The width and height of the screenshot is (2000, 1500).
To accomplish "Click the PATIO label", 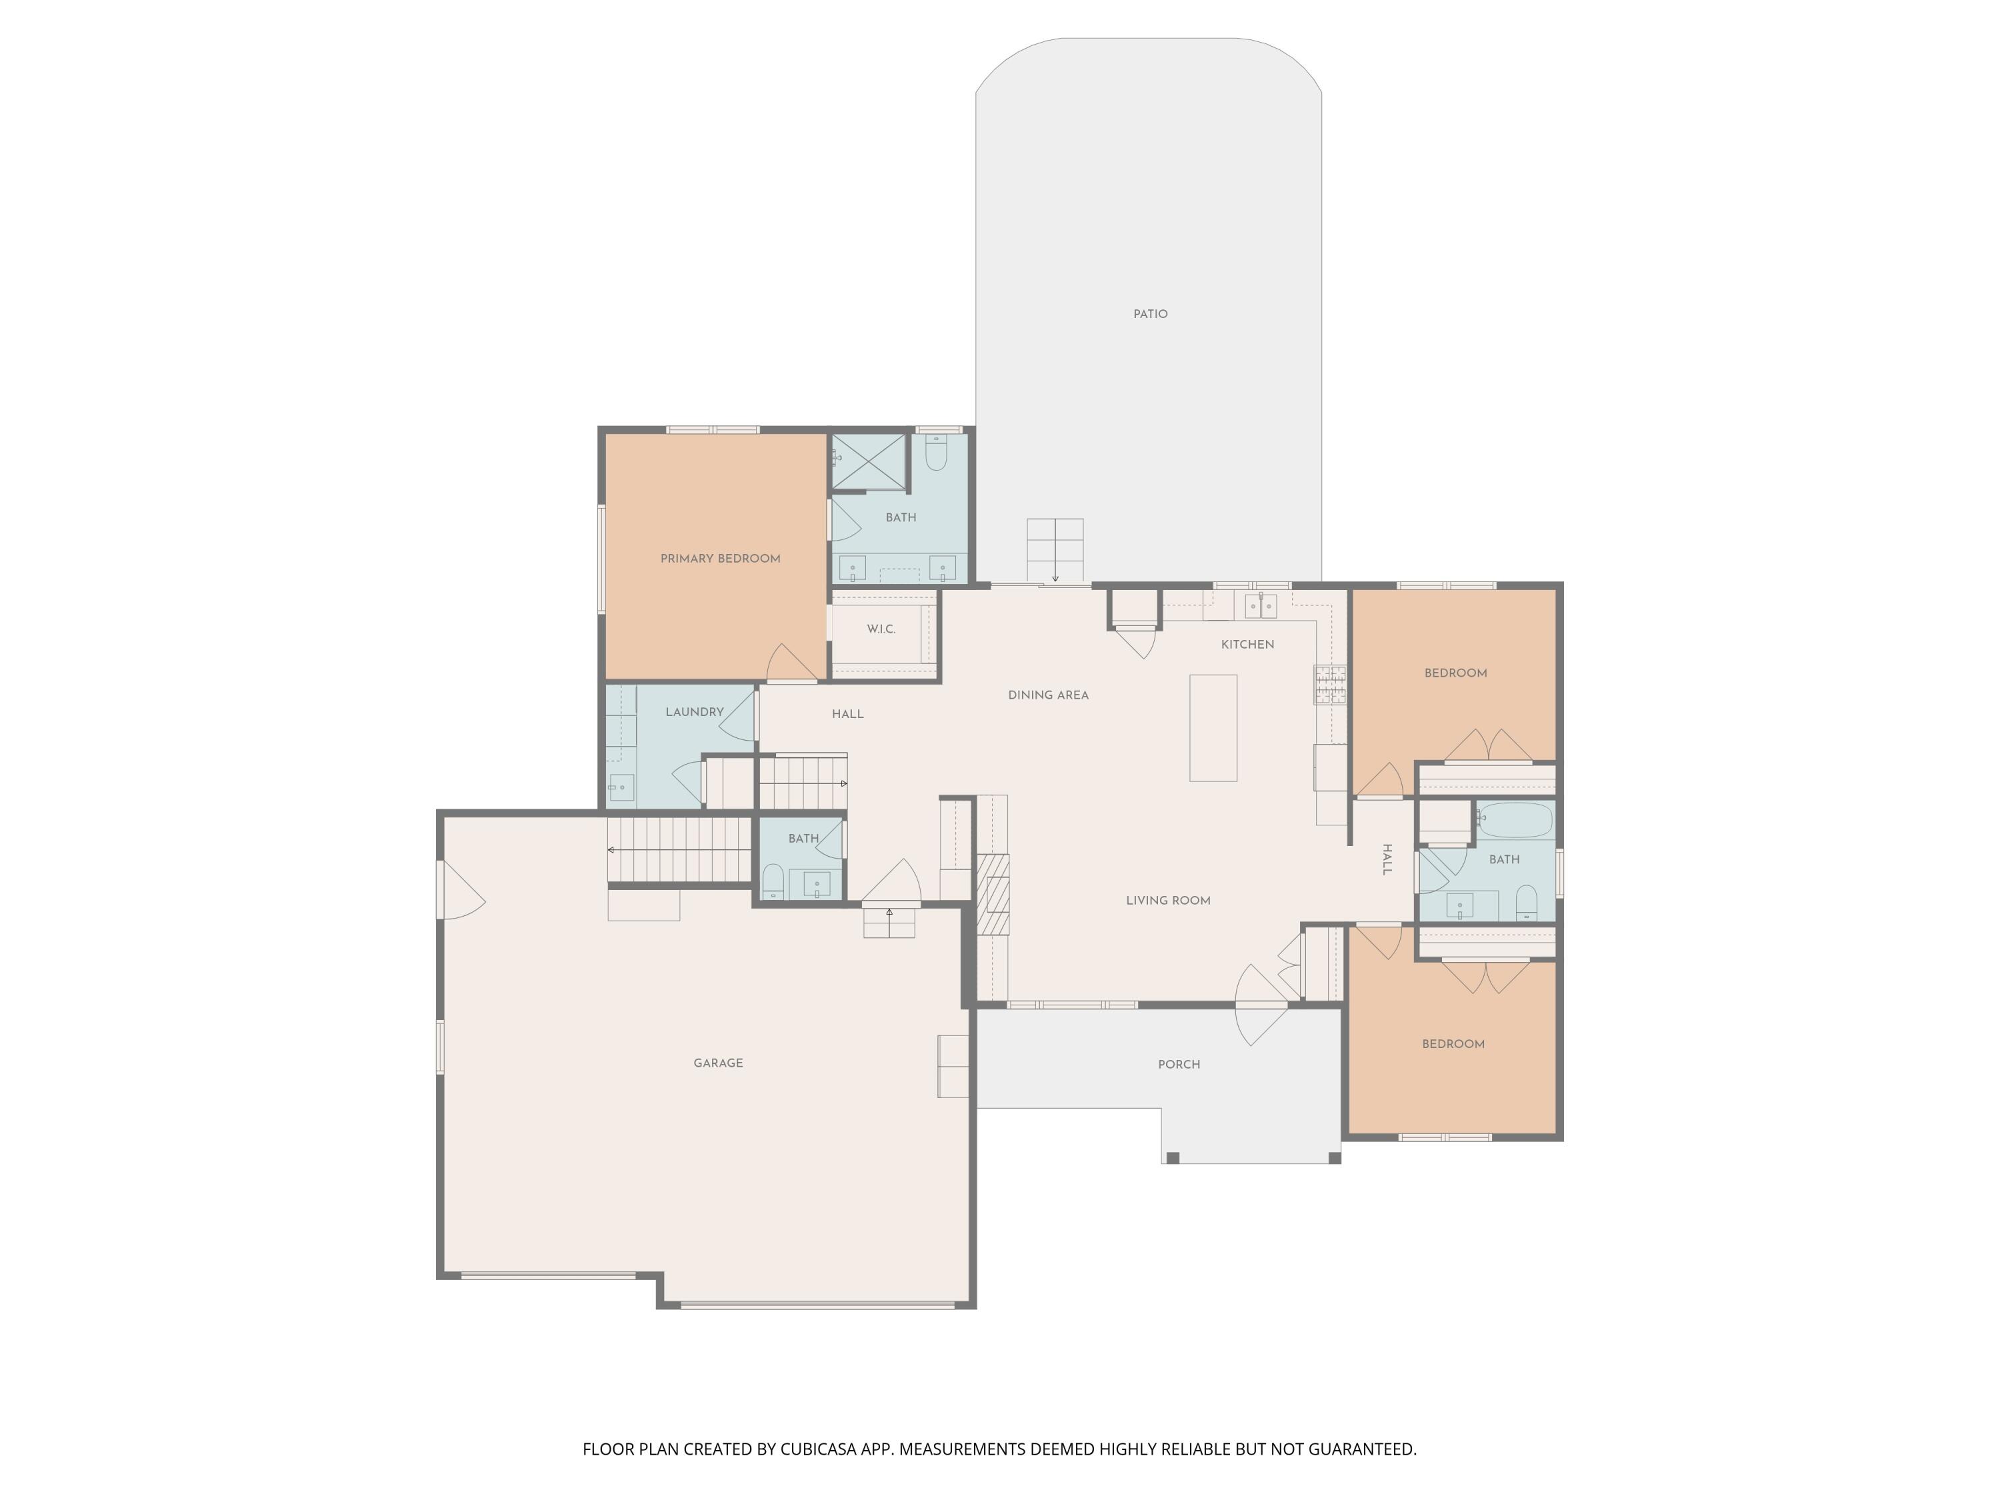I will click(x=1150, y=314).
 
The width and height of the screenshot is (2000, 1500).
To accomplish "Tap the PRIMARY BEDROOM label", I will click(x=720, y=559).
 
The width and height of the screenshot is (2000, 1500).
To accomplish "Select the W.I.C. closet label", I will click(x=881, y=629).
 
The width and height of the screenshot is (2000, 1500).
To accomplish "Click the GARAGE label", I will click(x=718, y=1063).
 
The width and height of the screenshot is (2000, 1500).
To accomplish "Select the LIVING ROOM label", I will click(x=1168, y=901).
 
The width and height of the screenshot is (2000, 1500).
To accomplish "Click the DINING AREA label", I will click(x=1048, y=695).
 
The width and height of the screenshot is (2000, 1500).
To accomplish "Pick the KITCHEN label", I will click(x=1247, y=645).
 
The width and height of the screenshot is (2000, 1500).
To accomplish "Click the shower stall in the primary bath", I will click(x=868, y=462).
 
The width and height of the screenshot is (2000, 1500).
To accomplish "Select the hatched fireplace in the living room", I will click(x=993, y=893).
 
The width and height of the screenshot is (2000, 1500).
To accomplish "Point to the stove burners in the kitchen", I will click(x=1330, y=685).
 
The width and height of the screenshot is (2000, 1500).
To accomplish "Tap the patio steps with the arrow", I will click(x=1054, y=551).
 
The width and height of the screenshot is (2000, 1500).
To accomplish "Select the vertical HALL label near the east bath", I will click(x=1386, y=859).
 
